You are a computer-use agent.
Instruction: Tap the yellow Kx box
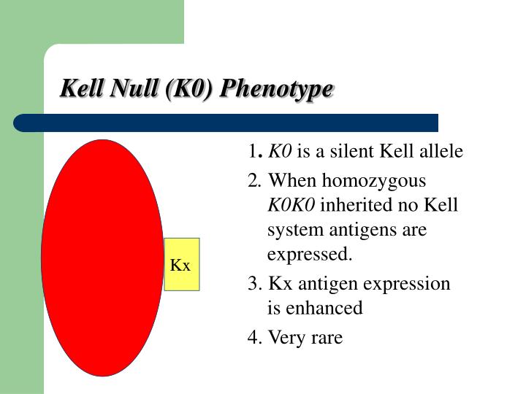point(181,265)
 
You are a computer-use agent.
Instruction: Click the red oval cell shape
point(102,256)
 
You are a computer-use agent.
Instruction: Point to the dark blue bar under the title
point(226,123)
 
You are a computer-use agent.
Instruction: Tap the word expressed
point(310,255)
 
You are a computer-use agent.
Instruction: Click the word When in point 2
point(291,180)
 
